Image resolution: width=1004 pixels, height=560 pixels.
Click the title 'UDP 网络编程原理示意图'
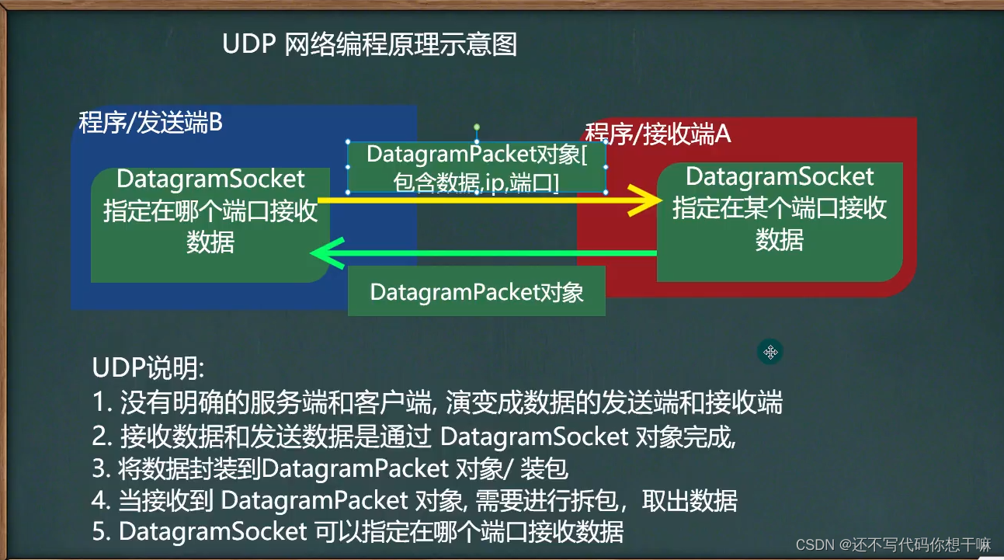point(370,45)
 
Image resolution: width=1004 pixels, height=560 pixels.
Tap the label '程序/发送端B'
point(151,123)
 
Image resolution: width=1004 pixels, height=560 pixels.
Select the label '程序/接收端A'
point(658,134)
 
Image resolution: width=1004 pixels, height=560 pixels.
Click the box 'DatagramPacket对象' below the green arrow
point(476,293)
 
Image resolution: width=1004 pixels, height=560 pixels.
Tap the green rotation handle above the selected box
point(477,127)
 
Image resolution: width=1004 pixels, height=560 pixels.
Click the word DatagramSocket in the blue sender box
point(210,179)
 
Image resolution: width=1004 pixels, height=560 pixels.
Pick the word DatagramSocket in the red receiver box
point(780,177)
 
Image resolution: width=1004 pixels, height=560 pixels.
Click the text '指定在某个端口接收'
point(780,208)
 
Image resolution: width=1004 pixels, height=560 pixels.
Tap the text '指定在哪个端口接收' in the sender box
point(210,211)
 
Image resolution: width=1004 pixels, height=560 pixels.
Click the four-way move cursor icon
point(770,352)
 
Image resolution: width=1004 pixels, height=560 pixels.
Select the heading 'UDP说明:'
point(148,367)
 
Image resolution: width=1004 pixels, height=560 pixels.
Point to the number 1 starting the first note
point(99,403)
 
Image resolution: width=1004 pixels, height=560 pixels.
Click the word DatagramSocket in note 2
point(533,437)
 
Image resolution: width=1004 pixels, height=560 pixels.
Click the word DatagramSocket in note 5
point(213,532)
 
